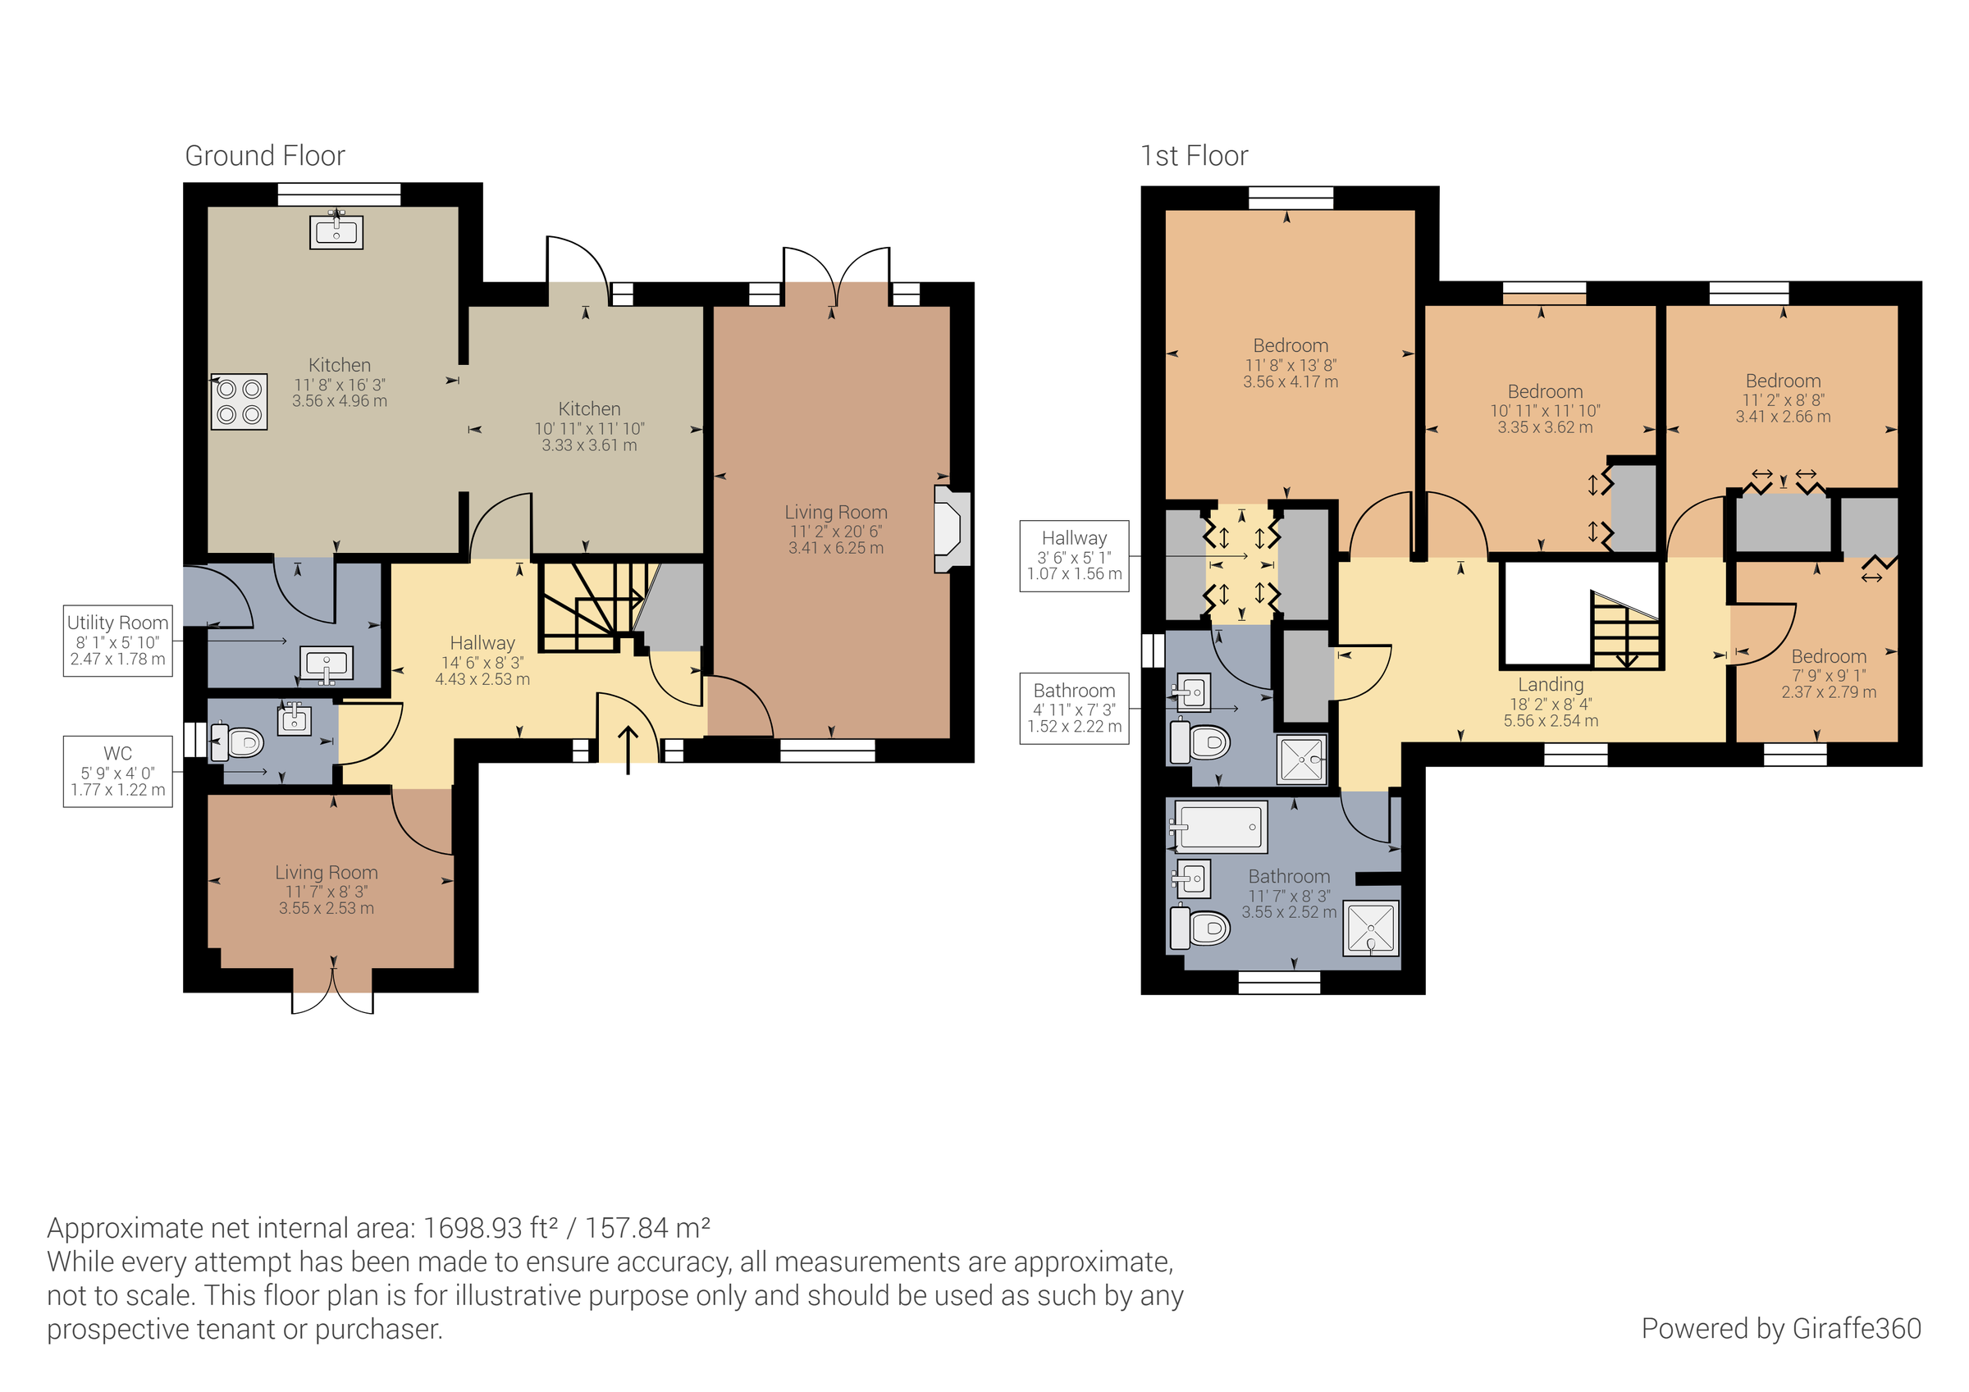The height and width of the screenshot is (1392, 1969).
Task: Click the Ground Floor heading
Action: [265, 156]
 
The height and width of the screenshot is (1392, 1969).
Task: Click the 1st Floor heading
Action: [1194, 156]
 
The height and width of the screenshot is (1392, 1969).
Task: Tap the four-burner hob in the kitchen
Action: [240, 401]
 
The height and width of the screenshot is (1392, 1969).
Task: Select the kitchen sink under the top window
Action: [336, 230]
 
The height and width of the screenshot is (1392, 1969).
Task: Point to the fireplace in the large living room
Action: [951, 529]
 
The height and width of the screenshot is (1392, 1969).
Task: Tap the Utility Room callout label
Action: [117, 641]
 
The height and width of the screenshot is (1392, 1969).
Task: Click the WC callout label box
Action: [117, 771]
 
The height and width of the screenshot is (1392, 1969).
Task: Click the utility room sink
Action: [327, 664]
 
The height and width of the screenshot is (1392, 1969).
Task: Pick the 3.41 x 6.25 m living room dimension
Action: [835, 548]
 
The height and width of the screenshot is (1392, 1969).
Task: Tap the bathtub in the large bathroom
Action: [1218, 828]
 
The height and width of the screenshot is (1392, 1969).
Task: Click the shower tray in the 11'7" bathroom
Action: [1370, 928]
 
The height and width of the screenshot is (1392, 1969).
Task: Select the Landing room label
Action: [1551, 684]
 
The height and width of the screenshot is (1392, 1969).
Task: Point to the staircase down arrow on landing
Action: [1627, 659]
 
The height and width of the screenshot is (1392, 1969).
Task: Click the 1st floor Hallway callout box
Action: [1074, 556]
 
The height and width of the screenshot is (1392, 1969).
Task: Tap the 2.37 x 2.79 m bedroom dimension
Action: [1829, 692]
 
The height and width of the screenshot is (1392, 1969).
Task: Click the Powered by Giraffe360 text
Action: [1780, 1329]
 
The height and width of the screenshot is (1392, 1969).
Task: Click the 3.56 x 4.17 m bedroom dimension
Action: [1290, 382]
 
